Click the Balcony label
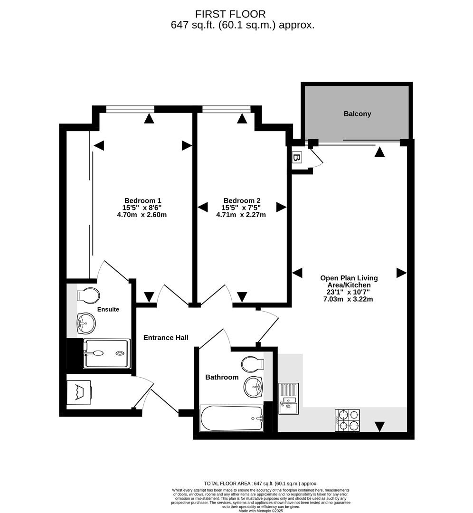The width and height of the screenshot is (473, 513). tap(357, 114)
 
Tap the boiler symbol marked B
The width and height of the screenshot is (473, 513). tap(297, 158)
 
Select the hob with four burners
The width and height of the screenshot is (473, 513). tap(347, 420)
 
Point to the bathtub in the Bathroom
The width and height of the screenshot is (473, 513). tap(232, 418)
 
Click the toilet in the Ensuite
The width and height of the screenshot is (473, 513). tap(89, 295)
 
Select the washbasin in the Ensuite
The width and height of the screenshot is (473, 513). tap(86, 323)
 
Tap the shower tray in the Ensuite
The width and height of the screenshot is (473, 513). tap(107, 353)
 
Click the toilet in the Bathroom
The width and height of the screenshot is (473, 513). tap(252, 365)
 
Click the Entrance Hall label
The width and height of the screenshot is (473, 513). tap(166, 338)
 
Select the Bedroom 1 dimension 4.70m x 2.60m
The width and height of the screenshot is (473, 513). tap(142, 215)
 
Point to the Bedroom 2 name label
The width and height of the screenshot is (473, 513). tap(242, 200)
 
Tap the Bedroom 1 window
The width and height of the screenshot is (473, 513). tap(131, 109)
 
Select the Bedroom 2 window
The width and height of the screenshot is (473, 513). tap(226, 109)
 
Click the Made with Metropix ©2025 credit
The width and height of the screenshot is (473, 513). tap(261, 511)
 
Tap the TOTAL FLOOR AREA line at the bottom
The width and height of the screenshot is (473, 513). tap(260, 484)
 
